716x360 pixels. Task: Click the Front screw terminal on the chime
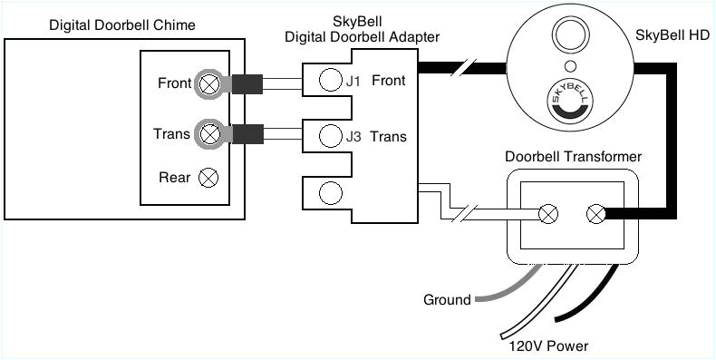pos(209,84)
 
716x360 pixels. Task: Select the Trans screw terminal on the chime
pos(209,134)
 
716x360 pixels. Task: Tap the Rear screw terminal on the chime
pos(208,177)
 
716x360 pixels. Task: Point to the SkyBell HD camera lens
pos(570,37)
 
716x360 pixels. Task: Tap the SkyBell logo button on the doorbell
pos(570,102)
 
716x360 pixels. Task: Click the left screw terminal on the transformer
pos(548,214)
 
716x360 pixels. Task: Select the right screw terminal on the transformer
pos(596,214)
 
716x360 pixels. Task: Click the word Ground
pos(447,300)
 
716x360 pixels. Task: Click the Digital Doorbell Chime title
pos(121,24)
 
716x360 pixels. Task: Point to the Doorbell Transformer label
pos(573,157)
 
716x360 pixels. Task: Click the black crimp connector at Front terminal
pos(247,85)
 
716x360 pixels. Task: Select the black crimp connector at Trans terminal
pos(247,135)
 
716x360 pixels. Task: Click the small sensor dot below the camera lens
pos(569,67)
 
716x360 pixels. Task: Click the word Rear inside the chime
pos(174,178)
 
